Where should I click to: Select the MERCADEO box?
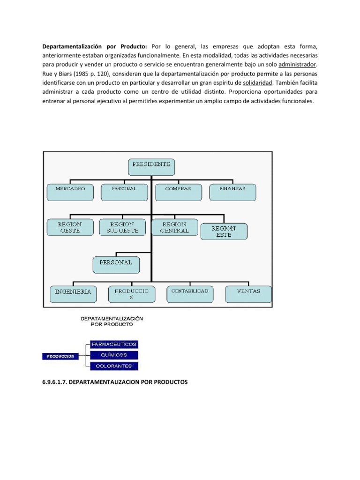[70, 192]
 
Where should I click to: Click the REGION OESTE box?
[69, 228]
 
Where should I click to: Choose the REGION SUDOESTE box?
[122, 228]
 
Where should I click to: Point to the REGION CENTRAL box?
[174, 228]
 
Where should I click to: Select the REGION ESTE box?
[224, 232]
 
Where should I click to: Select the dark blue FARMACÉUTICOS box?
[113, 345]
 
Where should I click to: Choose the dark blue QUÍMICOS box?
[113, 355]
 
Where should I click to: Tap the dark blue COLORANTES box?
[113, 366]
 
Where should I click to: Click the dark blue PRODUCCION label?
[60, 356]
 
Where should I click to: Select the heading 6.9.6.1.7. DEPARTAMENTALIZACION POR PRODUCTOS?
[115, 382]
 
